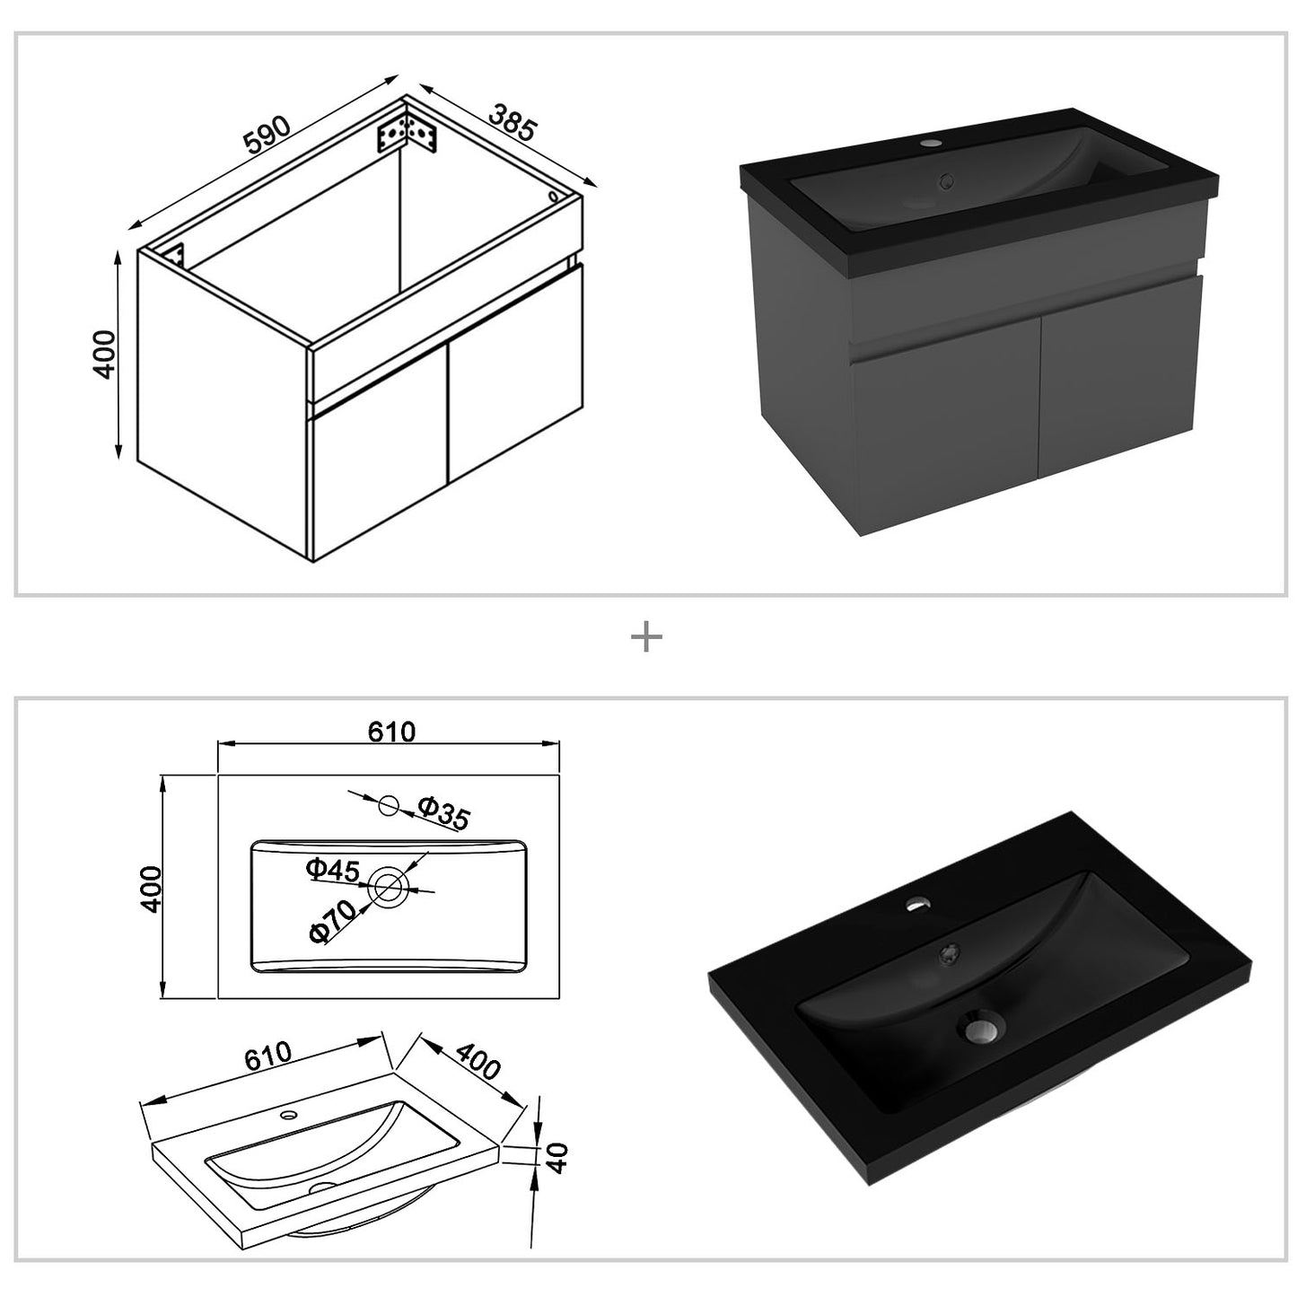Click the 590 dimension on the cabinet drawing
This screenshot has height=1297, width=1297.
267,135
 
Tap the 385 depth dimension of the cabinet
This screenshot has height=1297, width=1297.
513,121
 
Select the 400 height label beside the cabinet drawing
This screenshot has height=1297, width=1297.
105,354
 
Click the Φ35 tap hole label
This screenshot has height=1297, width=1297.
443,813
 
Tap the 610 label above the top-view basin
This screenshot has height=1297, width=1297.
391,732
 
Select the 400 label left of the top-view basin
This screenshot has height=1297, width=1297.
151,889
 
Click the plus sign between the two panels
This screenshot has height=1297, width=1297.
646,636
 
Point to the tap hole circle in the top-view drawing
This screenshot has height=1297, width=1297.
389,804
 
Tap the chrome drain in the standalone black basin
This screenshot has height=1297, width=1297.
984,1030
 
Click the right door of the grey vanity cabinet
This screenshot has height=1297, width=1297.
1117,378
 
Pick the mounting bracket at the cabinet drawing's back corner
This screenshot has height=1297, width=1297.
406,137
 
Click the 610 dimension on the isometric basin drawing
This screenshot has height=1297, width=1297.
268,1056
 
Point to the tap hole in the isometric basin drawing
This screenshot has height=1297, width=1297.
289,1116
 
